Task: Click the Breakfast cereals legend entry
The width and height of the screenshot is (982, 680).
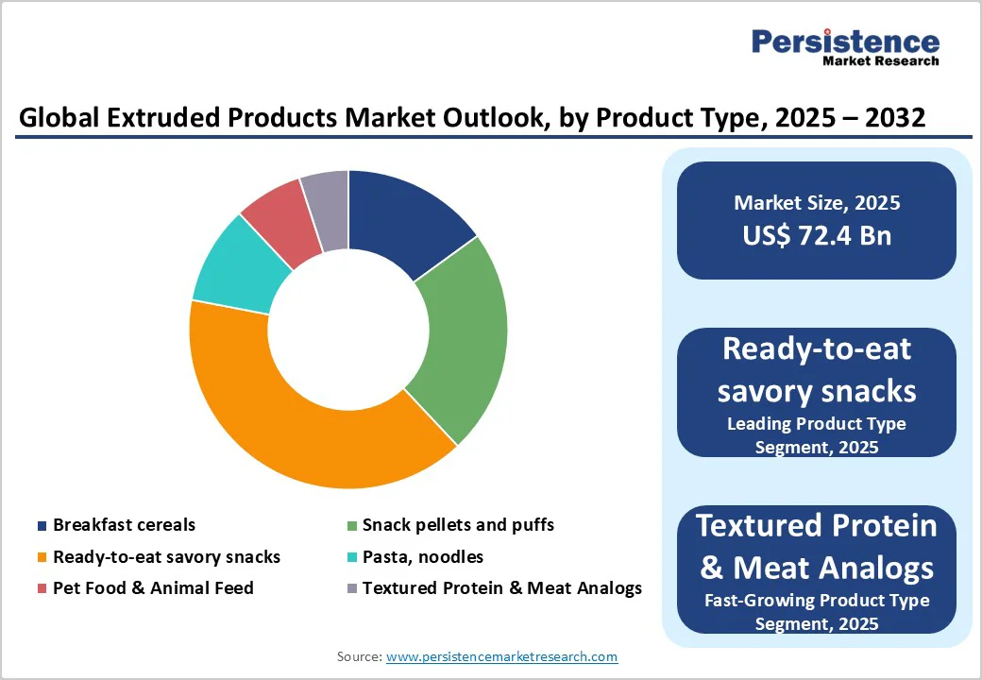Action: click(124, 525)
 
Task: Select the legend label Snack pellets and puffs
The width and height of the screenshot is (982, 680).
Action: click(458, 525)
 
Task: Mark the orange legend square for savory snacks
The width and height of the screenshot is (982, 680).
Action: click(42, 558)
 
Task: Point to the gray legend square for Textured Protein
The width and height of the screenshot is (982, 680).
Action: click(352, 589)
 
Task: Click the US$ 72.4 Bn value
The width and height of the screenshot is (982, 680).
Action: click(817, 235)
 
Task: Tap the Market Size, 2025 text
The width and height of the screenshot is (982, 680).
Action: click(817, 203)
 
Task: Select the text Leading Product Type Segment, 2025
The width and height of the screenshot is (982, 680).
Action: click(817, 435)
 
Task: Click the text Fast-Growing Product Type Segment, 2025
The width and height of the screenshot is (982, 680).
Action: click(817, 612)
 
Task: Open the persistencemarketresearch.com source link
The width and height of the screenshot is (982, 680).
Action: click(502, 656)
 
